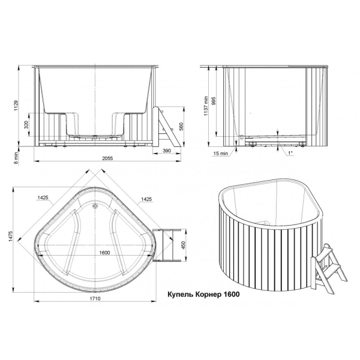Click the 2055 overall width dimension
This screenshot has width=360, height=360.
[x=107, y=158]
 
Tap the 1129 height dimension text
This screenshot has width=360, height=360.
[x=16, y=106]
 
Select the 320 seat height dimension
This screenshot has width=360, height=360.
[x=26, y=125]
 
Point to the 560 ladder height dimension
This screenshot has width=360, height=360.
[x=181, y=127]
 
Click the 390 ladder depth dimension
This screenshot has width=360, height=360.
[x=167, y=151]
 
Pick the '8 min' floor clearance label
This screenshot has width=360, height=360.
[x=16, y=158]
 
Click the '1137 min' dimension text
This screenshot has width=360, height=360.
[x=206, y=106]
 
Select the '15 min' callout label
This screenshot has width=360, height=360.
[x=221, y=154]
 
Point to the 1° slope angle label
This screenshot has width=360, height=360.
[x=290, y=152]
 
